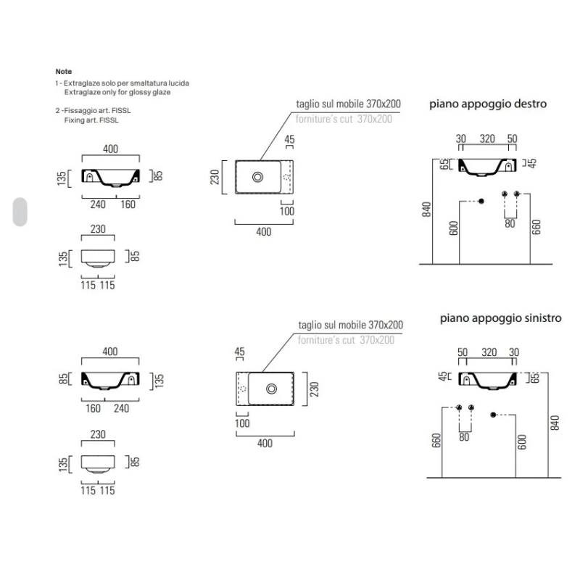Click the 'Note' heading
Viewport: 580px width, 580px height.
[64, 72]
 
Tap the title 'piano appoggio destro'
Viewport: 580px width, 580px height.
[489, 104]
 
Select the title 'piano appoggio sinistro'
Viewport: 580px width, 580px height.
[501, 318]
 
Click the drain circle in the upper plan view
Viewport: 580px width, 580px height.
[257, 176]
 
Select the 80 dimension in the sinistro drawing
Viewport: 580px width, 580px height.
[465, 436]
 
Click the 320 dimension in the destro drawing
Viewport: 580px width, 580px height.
[488, 138]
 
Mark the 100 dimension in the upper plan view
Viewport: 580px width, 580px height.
[288, 211]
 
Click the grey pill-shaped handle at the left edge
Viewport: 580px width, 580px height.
[20, 211]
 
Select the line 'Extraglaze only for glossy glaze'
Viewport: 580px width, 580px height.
[117, 93]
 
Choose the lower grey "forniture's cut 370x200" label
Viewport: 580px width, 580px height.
[346, 339]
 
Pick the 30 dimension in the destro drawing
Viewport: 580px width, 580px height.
[460, 138]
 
